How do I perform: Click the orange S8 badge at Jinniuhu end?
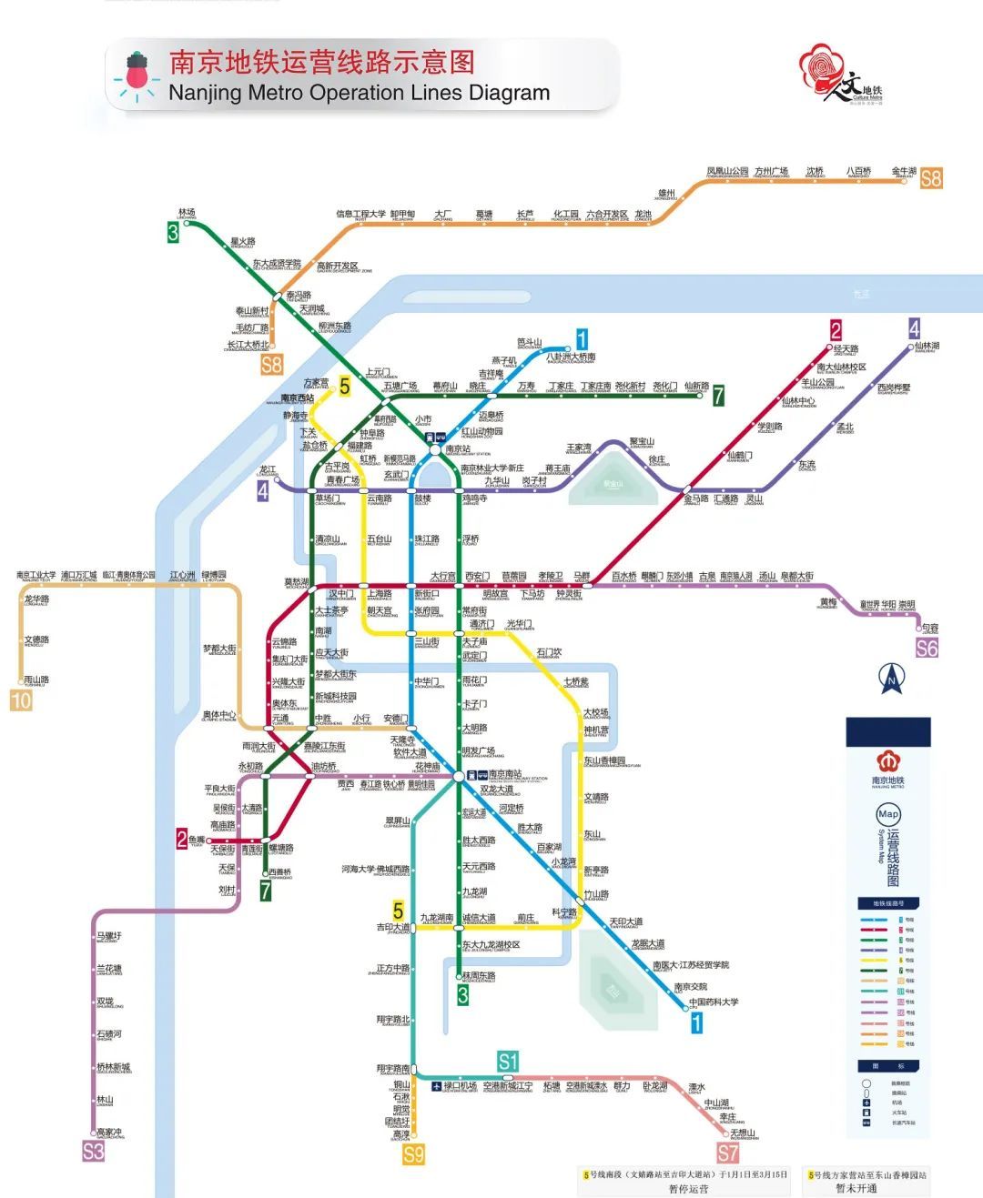[x=931, y=178]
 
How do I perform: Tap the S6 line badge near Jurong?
[x=927, y=649]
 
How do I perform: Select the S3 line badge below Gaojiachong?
[x=94, y=1151]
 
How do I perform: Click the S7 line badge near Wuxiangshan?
[x=728, y=1153]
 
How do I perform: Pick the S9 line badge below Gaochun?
[x=414, y=1155]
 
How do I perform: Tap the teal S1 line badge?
[x=508, y=1061]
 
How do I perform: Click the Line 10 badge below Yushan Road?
[x=20, y=700]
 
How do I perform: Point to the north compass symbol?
[x=891, y=679]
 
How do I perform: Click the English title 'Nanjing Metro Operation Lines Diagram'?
[x=359, y=93]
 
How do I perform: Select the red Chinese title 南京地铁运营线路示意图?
[x=322, y=62]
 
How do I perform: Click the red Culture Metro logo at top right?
[x=840, y=76]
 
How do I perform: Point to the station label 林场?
[x=187, y=211]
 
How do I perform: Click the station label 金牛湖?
[x=904, y=171]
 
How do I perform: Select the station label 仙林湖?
[x=927, y=346]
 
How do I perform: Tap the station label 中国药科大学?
[x=714, y=1002]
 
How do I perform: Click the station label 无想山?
[x=743, y=1133]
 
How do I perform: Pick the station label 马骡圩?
[x=108, y=936]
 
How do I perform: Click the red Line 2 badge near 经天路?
[x=836, y=330]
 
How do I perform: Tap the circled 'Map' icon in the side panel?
[x=887, y=814]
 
